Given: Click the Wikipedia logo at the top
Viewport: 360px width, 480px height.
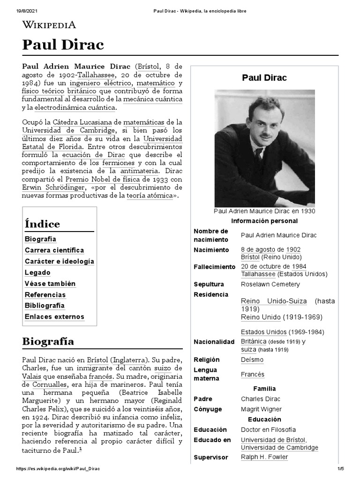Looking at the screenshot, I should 49,25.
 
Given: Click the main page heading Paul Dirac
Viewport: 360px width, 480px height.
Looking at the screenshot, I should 63,45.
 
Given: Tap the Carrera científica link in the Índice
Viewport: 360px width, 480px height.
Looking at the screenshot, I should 54,250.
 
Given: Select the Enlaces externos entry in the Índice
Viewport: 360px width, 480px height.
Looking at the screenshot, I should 54,317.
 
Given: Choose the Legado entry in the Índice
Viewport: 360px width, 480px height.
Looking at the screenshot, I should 37,272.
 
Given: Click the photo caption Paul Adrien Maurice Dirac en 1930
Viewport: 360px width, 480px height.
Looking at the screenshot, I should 264,211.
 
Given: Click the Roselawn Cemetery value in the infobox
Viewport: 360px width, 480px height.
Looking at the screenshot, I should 270,284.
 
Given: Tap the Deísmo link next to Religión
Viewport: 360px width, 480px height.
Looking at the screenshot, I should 252,360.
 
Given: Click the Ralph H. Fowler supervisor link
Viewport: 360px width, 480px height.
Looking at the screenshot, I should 264,457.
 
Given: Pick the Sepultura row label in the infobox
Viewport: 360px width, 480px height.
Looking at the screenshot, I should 209,284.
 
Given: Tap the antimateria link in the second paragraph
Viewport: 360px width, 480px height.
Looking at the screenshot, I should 138,171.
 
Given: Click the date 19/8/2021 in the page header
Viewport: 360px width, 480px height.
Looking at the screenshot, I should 19,11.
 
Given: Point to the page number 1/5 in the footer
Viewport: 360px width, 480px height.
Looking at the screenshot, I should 340,469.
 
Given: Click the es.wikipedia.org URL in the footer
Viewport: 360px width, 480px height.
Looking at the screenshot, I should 59,469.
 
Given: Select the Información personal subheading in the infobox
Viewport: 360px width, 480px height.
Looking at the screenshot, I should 264,221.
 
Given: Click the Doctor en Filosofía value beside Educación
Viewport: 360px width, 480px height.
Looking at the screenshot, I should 268,429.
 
